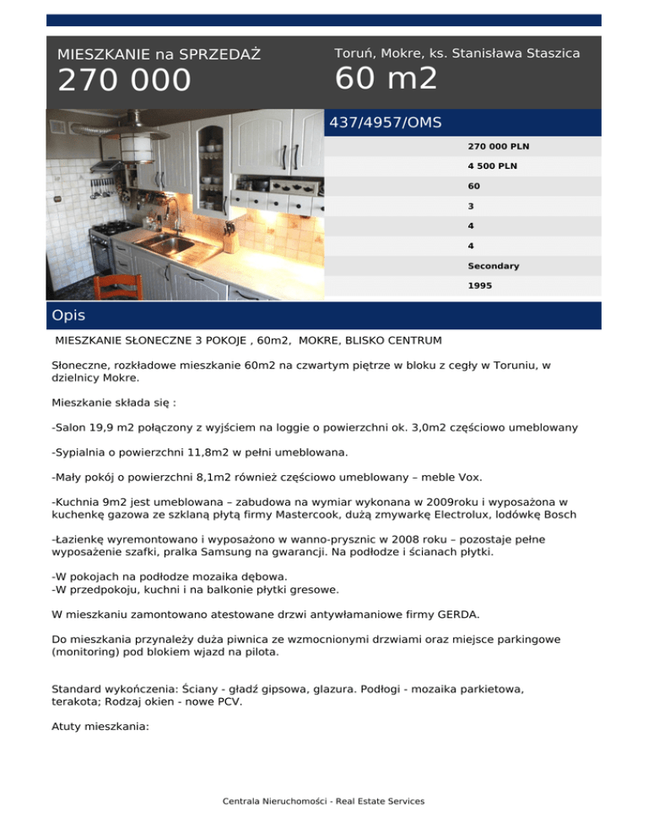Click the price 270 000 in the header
(124, 81)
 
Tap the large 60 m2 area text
(386, 78)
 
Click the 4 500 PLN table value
(493, 165)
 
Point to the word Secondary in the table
(494, 266)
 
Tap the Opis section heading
(69, 316)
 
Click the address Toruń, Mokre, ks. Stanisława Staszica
(456, 53)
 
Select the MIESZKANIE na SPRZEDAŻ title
(159, 55)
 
